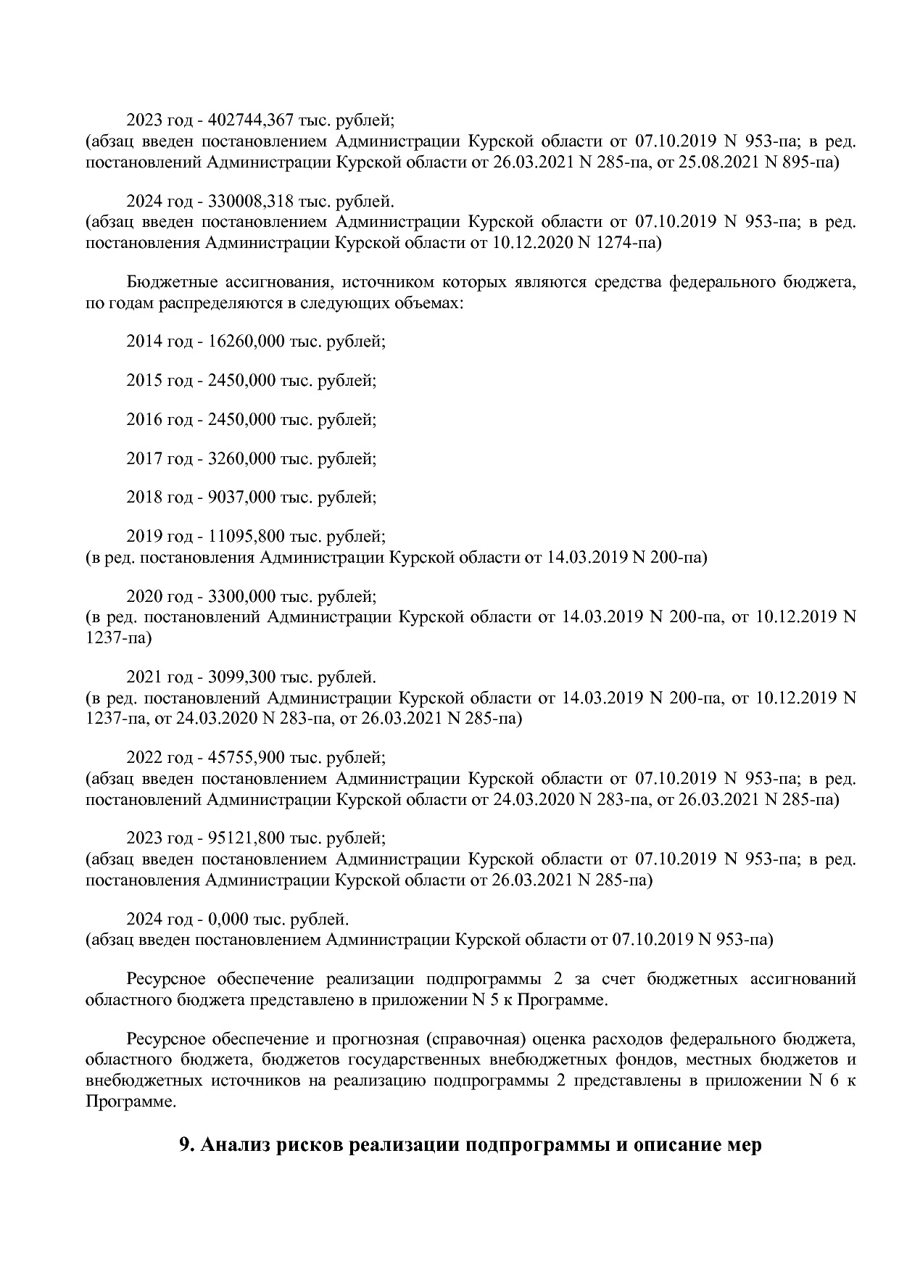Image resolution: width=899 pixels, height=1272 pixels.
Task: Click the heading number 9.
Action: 186,1147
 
